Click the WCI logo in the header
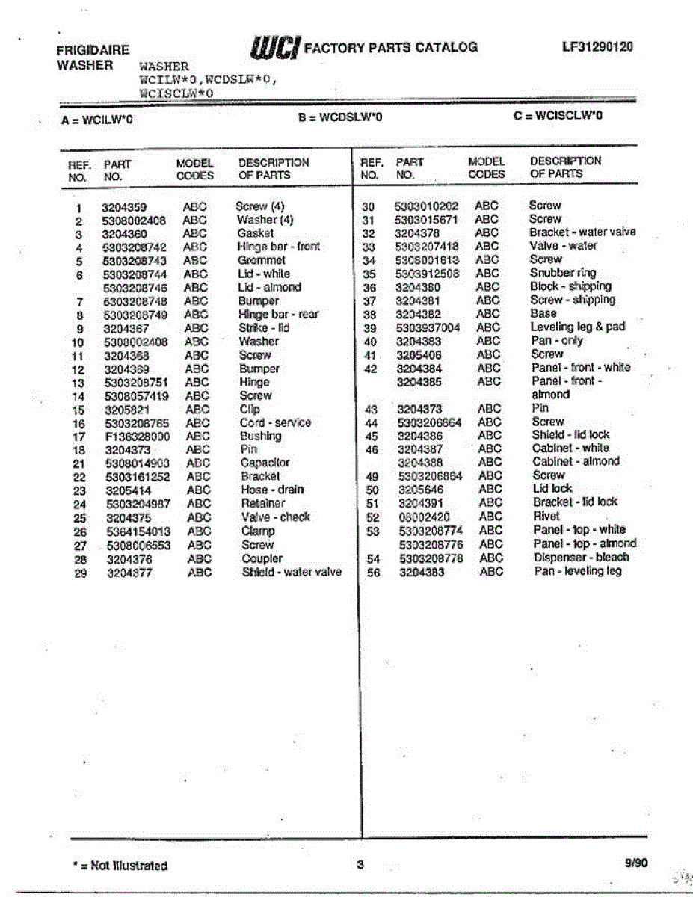tap(277, 47)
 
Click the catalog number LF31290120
tap(597, 46)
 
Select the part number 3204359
tap(124, 207)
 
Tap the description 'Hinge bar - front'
tap(278, 247)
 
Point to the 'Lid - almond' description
tap(269, 287)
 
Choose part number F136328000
tap(137, 436)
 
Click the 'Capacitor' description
tap(265, 463)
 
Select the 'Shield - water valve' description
tap(292, 572)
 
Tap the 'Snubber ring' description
tap(563, 273)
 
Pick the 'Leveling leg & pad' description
tap(577, 327)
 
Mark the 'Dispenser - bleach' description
tap(581, 558)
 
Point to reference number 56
tap(368, 572)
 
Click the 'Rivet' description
tap(546, 516)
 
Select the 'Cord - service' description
tap(274, 422)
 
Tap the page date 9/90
tap(636, 863)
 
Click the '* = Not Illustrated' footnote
tap(120, 866)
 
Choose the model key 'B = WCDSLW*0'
tap(340, 117)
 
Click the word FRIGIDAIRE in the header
tap(93, 50)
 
